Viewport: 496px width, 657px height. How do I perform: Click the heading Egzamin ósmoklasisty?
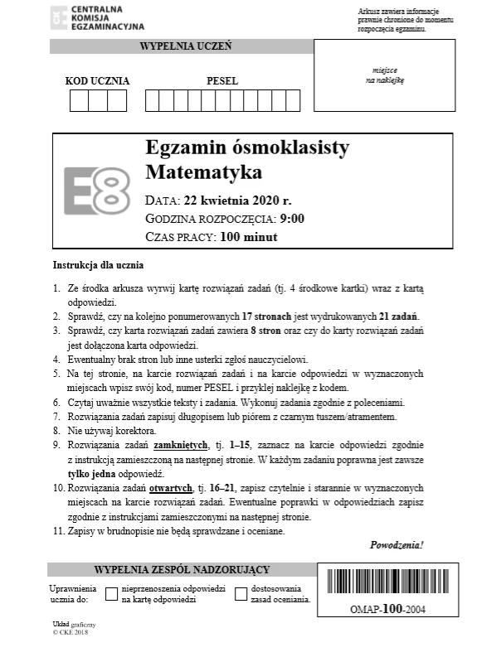click(236, 148)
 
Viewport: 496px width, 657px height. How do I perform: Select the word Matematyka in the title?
click(203, 173)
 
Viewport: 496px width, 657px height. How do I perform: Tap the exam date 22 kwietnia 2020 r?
click(238, 200)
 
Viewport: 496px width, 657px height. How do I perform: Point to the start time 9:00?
click(292, 219)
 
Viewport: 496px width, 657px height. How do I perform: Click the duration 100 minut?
click(248, 237)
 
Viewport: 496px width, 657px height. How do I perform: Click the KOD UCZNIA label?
click(97, 81)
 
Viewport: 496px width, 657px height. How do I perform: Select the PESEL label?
click(221, 81)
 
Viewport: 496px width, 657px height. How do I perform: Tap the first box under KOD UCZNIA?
click(79, 101)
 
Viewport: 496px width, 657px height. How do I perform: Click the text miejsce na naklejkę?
click(385, 76)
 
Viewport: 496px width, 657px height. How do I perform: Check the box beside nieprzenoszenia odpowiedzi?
click(110, 593)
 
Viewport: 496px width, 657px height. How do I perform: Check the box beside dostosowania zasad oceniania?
click(241, 593)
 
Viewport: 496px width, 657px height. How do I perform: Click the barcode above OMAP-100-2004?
click(389, 585)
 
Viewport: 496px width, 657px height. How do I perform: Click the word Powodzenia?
click(396, 545)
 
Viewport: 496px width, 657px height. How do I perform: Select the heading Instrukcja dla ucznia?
click(98, 266)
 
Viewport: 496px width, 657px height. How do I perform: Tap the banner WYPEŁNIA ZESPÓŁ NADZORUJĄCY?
click(182, 570)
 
